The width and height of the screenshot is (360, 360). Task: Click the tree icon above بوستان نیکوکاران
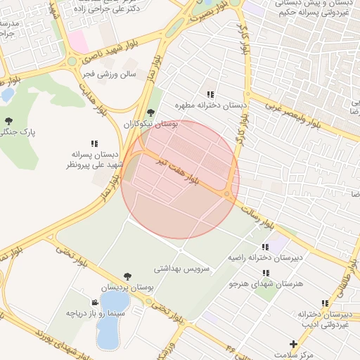150,112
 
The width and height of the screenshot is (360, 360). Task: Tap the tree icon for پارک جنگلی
8,121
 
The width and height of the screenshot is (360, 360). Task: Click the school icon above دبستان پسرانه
95,143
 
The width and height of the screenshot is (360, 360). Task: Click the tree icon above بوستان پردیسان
127,276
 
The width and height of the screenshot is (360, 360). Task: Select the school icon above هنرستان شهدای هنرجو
265,273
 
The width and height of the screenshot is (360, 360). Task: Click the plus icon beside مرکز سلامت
293,344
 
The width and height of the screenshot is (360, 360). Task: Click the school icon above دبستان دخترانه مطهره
210,94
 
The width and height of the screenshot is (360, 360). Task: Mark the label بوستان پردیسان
127,288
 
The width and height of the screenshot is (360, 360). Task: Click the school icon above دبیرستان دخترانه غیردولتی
324,303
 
